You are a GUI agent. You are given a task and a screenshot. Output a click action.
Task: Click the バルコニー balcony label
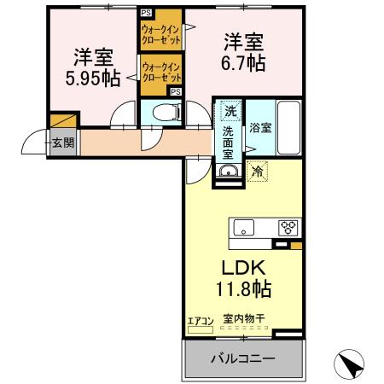[x=242, y=358]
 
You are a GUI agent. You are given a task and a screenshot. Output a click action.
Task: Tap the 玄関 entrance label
[x=61, y=143]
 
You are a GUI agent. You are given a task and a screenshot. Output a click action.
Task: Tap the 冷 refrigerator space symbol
[x=257, y=171]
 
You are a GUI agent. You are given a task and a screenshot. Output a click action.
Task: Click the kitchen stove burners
[x=288, y=227]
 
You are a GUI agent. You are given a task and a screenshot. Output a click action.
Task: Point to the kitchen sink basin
[x=244, y=228]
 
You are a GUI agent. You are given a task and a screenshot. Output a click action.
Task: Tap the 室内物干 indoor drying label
[x=244, y=319]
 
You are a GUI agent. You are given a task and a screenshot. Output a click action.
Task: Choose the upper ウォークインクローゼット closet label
[x=160, y=35]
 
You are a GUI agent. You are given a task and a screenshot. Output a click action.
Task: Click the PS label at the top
[x=146, y=12]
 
